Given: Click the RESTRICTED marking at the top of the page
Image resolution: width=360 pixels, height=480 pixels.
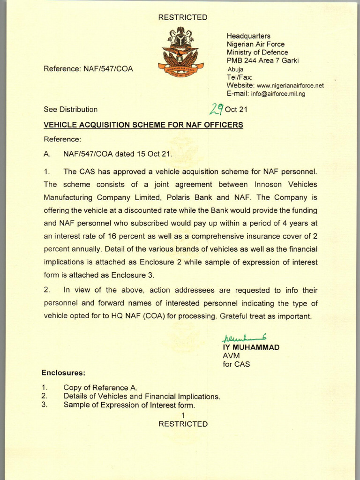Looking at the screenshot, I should pyautogui.click(x=183, y=17).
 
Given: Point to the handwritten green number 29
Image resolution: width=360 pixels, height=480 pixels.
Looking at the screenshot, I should pyautogui.click(x=216, y=109).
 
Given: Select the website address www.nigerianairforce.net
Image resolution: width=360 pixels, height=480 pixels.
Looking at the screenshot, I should pyautogui.click(x=290, y=86).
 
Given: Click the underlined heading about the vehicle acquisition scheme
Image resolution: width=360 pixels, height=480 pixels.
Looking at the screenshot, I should pyautogui.click(x=143, y=125).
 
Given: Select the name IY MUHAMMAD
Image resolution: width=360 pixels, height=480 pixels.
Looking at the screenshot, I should pyautogui.click(x=251, y=347).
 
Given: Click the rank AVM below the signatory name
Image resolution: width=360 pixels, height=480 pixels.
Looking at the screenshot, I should pyautogui.click(x=231, y=356).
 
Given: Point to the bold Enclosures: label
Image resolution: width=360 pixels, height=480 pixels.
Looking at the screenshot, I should pyautogui.click(x=63, y=373).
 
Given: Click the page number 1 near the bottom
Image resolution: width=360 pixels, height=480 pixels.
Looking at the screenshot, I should pyautogui.click(x=183, y=415).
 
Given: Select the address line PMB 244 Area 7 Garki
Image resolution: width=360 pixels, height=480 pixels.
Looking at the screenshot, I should pyautogui.click(x=262, y=60).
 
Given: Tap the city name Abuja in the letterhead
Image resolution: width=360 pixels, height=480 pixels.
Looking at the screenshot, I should pyautogui.click(x=235, y=69).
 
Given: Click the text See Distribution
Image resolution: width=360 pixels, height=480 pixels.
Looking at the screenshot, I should pyautogui.click(x=71, y=110).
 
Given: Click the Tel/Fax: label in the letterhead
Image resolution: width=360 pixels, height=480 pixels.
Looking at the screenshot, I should pyautogui.click(x=240, y=77).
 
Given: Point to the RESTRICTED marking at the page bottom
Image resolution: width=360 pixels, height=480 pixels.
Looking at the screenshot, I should pyautogui.click(x=183, y=424).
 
